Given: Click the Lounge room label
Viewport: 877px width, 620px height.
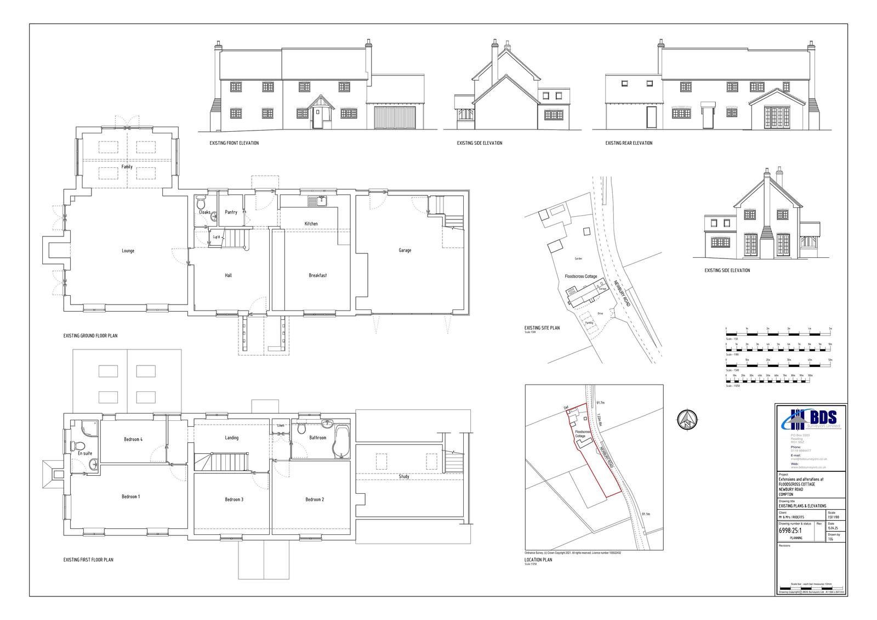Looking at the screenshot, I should click(128, 251).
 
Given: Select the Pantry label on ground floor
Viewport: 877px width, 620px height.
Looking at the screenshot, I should click(231, 212).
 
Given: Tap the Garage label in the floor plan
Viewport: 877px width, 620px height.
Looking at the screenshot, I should click(405, 250).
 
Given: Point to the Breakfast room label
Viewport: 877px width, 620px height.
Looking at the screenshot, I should click(317, 275).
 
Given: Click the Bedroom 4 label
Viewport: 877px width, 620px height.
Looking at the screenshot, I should click(133, 439).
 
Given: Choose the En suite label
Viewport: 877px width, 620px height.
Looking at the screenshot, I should click(85, 454).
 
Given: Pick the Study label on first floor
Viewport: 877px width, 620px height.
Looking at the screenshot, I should click(404, 477).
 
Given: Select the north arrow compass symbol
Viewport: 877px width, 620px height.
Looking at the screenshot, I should click(687, 420).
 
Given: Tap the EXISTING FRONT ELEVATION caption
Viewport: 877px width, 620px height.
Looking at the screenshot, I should click(234, 143).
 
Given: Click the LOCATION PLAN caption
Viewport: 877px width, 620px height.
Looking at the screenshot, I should click(538, 560).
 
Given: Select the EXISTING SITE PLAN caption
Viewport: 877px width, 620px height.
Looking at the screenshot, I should click(542, 328).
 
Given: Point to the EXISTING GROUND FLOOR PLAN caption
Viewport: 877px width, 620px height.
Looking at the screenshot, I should click(90, 336).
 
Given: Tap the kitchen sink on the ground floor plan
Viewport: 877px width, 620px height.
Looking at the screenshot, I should click(316, 201).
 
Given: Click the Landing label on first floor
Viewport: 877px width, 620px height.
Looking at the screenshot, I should click(231, 438).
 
